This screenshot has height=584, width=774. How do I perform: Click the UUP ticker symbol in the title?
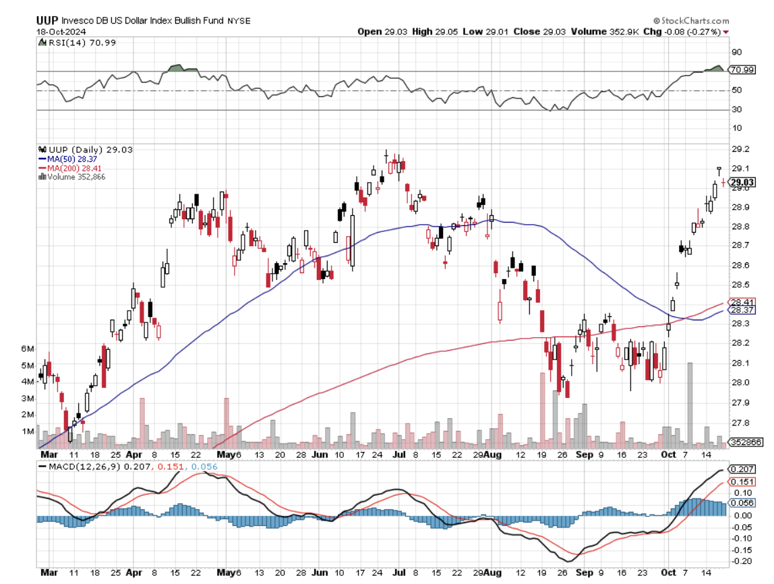pos(48,20)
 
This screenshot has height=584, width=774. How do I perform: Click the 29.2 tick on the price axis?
pos(740,149)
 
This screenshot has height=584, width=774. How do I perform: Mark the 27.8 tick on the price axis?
pos(740,423)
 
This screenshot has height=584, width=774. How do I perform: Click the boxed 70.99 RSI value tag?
pos(743,70)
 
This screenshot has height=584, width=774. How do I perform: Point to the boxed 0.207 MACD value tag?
pos(743,469)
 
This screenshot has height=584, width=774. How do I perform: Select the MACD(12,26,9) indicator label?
pos(76,465)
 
